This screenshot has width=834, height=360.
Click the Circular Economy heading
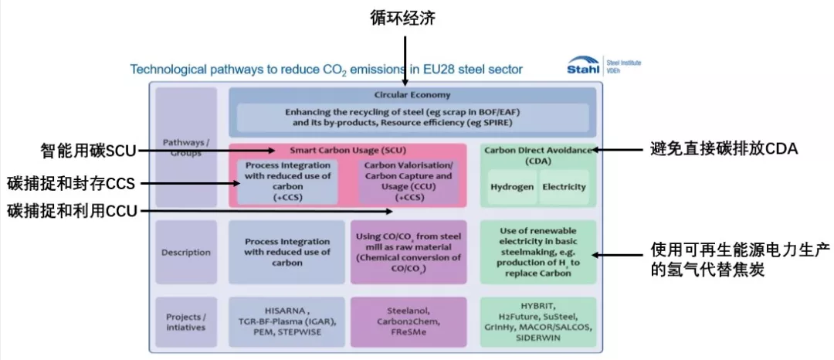click(x=412, y=95)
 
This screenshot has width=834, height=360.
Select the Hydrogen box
click(x=512, y=187)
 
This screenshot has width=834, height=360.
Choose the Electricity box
click(x=564, y=187)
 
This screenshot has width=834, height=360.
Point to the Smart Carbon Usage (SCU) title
click(x=347, y=151)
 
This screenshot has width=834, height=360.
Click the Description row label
click(x=186, y=253)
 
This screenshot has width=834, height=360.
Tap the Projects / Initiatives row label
click(x=186, y=322)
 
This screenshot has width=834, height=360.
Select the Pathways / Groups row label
click(x=186, y=148)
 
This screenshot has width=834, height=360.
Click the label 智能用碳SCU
click(x=88, y=151)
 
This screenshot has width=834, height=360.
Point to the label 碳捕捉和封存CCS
click(x=71, y=184)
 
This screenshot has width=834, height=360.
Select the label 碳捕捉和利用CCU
click(x=72, y=211)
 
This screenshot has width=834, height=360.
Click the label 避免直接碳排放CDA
click(x=724, y=149)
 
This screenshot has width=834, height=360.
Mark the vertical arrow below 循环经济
click(x=406, y=60)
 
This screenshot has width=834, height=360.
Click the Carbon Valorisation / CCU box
click(x=409, y=182)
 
